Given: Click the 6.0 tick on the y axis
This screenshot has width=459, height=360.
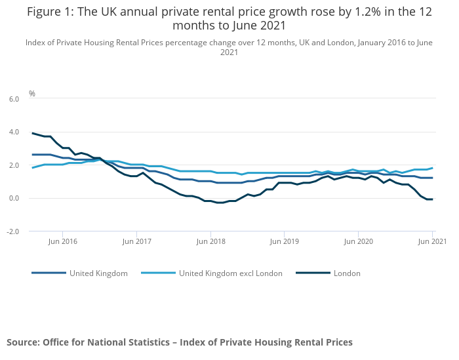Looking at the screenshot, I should click(13, 98).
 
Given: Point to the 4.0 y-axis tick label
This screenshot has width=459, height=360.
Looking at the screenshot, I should click(13, 132).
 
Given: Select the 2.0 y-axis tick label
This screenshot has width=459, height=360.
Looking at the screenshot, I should click(13, 165).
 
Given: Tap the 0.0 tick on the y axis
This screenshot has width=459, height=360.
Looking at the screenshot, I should click(13, 198).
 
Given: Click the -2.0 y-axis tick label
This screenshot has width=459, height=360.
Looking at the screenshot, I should click(12, 231).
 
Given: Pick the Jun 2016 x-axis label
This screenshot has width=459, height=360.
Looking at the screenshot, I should click(62, 241).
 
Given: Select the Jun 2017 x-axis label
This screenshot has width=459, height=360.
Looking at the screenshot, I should click(136, 241).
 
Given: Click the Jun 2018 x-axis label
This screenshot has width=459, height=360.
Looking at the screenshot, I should click(210, 241).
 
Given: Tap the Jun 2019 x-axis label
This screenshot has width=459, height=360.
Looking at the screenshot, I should click(284, 241).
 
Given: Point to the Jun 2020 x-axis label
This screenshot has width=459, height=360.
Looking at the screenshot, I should click(358, 241).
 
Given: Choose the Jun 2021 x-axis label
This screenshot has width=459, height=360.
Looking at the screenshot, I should click(431, 241).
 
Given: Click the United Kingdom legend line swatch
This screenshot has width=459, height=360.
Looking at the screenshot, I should click(49, 273).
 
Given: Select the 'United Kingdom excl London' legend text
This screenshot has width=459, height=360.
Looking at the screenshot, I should click(230, 273).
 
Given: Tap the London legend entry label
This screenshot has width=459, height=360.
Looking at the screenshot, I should click(347, 273).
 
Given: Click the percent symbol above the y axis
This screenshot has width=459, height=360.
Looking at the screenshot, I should click(32, 94).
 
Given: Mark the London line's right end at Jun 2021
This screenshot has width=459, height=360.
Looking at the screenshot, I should click(432, 199).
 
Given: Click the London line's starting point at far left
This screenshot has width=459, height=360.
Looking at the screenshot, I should click(32, 133).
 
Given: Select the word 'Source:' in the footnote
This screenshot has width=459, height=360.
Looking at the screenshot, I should click(23, 342).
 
